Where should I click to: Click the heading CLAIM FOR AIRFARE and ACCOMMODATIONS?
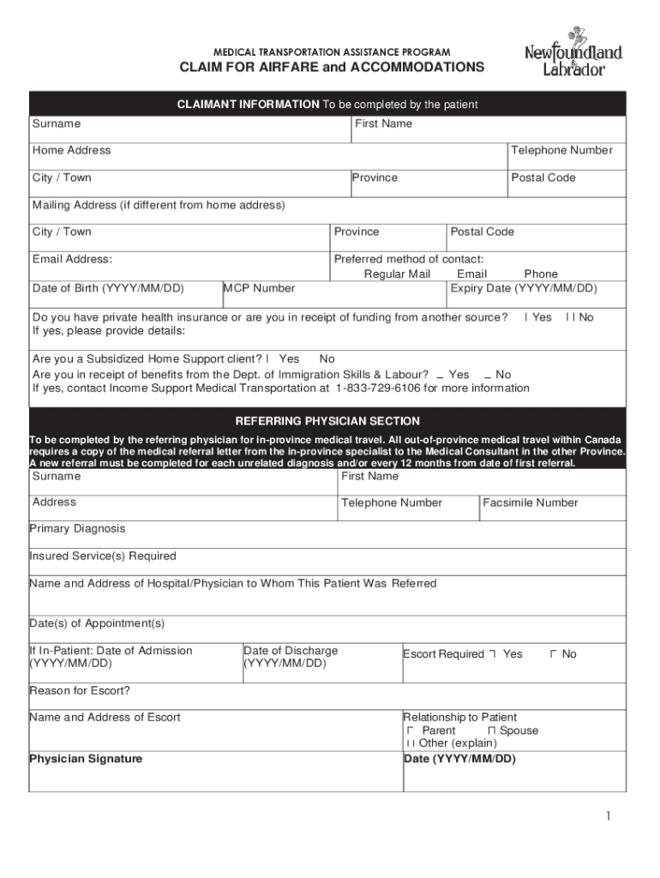(x=331, y=68)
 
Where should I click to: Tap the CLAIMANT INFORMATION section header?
(x=327, y=105)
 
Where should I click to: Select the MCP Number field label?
(x=260, y=289)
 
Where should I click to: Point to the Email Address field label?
(x=72, y=260)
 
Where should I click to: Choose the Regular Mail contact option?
(x=397, y=274)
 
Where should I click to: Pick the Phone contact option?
(x=541, y=274)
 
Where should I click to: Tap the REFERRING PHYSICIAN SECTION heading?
(x=327, y=421)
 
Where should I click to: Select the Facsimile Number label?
(x=531, y=503)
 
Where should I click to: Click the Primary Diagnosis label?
(x=77, y=529)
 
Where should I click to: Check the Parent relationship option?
(x=411, y=731)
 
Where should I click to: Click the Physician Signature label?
(x=86, y=759)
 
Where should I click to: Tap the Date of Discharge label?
(x=291, y=652)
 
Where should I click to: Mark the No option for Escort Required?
(x=554, y=654)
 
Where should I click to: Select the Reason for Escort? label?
(x=80, y=691)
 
